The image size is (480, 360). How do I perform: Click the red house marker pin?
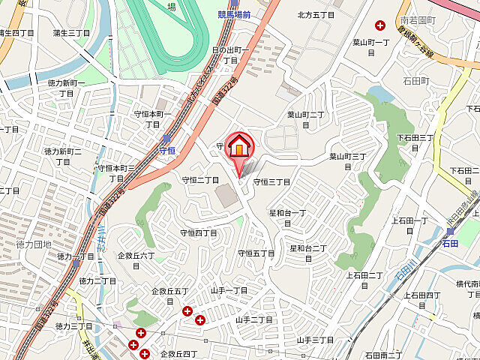(x=238, y=147)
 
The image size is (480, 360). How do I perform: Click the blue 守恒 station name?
(x=167, y=150)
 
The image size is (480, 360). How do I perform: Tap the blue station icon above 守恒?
(x=167, y=139)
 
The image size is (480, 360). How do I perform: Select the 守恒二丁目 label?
(x=200, y=180)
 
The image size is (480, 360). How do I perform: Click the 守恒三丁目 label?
(x=271, y=181)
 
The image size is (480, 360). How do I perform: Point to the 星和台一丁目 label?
(x=289, y=219)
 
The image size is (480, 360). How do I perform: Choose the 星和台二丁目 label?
(x=308, y=253)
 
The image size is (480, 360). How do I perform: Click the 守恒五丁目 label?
(x=256, y=253)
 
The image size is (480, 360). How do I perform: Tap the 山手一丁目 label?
(x=229, y=290)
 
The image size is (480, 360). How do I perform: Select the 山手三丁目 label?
(x=315, y=340)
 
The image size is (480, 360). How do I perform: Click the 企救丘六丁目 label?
(x=136, y=260)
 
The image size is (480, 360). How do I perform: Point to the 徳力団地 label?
(x=34, y=244)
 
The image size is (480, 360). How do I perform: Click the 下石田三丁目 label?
(x=415, y=143)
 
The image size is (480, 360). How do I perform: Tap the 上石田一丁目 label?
(x=408, y=225)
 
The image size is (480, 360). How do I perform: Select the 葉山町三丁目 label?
(x=347, y=161)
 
